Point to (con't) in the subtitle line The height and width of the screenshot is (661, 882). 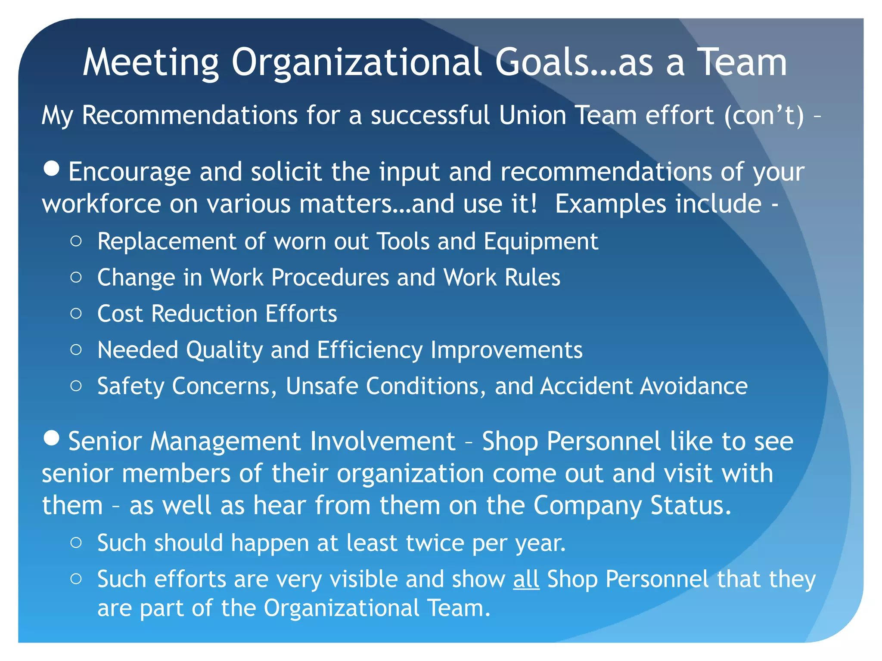click(x=764, y=115)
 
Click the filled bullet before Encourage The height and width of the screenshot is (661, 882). click(x=52, y=168)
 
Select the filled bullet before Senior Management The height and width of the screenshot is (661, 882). click(x=52, y=438)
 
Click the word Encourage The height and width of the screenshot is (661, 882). click(x=129, y=172)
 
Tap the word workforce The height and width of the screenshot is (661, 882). click(x=101, y=204)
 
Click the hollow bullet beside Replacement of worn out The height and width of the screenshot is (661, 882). click(x=76, y=241)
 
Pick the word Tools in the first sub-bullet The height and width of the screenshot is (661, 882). click(x=403, y=241)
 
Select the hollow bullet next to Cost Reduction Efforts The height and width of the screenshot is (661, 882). click(x=76, y=313)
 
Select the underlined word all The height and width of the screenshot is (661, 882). click(x=526, y=579)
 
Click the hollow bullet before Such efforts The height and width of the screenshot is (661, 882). click(x=76, y=579)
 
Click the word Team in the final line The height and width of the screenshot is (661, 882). click(x=459, y=608)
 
